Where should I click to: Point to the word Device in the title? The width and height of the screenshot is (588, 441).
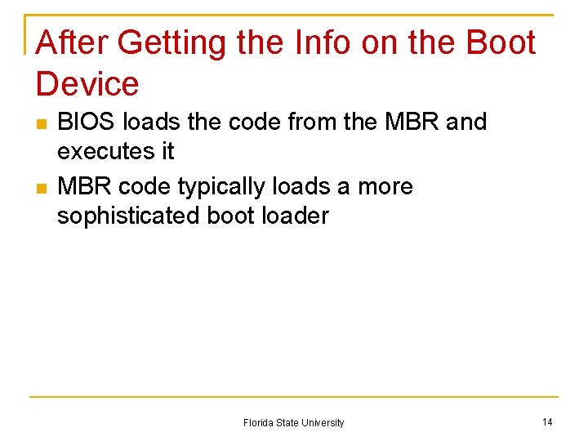[88, 84]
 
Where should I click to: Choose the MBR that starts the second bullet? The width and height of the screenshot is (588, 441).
[85, 187]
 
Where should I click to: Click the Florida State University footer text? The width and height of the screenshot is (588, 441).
[293, 423]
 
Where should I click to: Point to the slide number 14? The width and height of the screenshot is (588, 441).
[547, 422]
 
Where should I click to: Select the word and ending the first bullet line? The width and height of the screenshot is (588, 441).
[466, 122]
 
